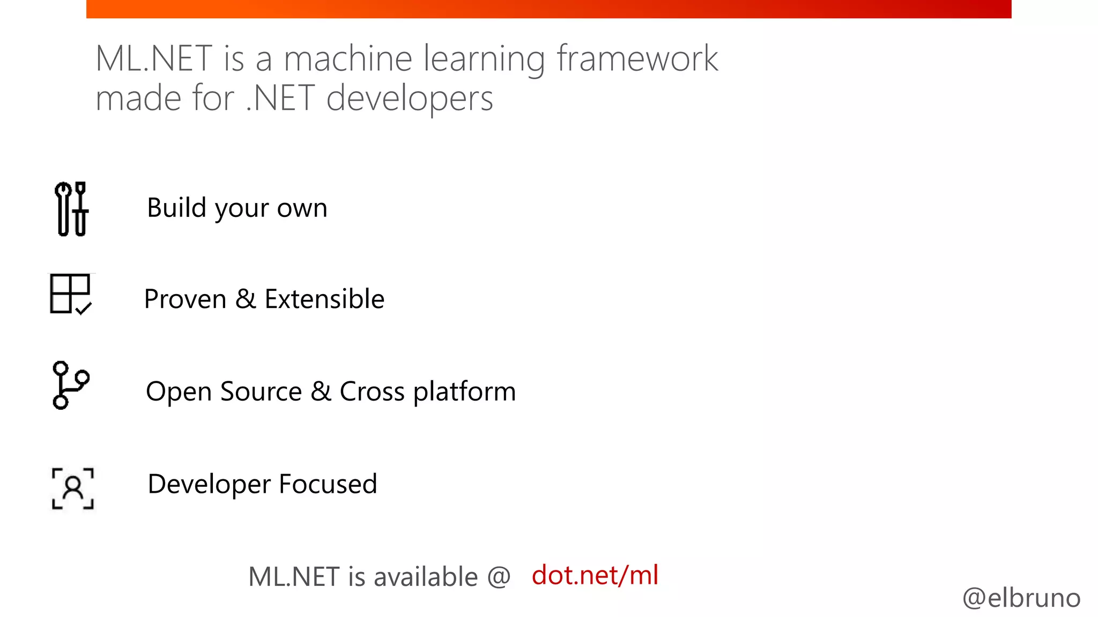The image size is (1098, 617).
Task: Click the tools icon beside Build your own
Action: click(71, 209)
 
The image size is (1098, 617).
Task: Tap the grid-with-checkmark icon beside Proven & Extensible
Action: click(71, 294)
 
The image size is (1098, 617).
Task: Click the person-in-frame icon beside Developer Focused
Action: click(73, 488)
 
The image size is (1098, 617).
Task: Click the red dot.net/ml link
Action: click(595, 575)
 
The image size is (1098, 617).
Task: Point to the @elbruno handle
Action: click(1021, 598)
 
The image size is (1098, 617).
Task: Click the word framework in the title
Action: click(637, 58)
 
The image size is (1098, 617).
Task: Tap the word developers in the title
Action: click(410, 99)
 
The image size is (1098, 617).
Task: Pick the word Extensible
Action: click(324, 299)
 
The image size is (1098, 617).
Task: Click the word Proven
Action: click(185, 299)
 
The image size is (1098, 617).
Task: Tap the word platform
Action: click(464, 392)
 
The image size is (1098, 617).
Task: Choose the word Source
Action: click(261, 392)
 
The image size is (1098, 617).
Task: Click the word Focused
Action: click(328, 484)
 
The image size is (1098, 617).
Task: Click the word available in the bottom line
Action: click(426, 577)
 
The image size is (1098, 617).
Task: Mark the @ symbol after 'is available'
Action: click(499, 577)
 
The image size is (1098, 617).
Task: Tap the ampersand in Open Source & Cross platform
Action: click(321, 391)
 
